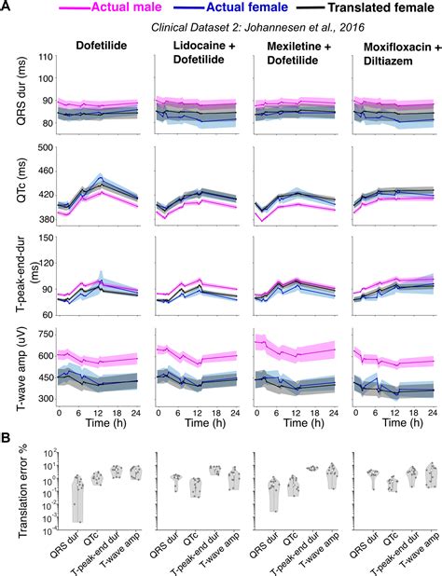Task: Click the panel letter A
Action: click(7, 7)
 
